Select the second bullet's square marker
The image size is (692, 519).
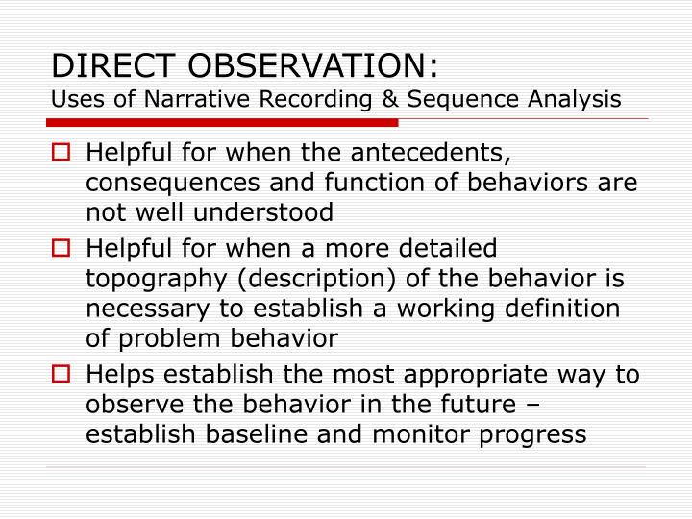pyautogui.click(x=61, y=249)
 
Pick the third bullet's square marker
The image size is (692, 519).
pyautogui.click(x=61, y=374)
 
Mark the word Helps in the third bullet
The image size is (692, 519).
pyautogui.click(x=117, y=374)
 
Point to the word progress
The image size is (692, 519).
pyautogui.click(x=533, y=432)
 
